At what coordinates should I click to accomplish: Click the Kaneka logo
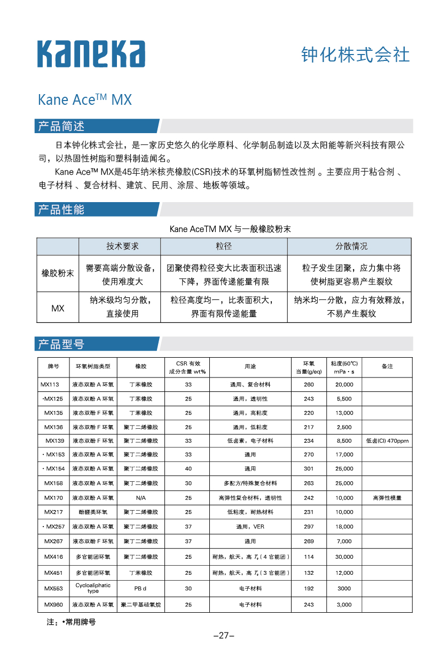(x=91, y=53)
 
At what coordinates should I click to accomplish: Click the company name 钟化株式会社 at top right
(x=356, y=55)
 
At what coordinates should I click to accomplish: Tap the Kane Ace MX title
(x=84, y=100)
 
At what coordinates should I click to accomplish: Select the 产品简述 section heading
(x=60, y=126)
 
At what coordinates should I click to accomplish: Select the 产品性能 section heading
(x=60, y=209)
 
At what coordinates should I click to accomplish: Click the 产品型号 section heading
(x=60, y=344)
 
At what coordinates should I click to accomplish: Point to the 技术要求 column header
(x=122, y=246)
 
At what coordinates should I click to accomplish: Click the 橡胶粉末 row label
(x=58, y=273)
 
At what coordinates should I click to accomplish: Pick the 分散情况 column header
(x=351, y=246)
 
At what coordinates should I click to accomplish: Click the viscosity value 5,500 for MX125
(x=344, y=399)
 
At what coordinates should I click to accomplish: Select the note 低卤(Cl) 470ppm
(x=387, y=441)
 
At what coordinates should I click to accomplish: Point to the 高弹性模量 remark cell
(x=387, y=498)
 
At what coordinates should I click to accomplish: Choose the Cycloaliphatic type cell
(x=93, y=588)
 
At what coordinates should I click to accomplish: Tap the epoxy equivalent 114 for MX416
(x=309, y=557)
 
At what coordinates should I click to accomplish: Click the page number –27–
(x=224, y=636)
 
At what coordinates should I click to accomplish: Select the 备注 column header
(x=387, y=366)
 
